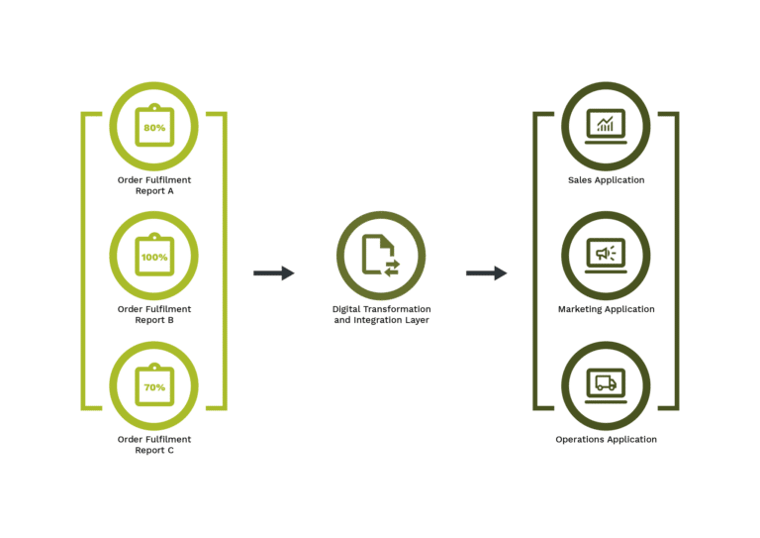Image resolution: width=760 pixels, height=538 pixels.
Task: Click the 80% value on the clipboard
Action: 154,128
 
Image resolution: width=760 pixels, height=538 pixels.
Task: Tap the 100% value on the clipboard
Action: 154,258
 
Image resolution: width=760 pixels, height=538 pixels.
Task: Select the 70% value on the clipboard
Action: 154,387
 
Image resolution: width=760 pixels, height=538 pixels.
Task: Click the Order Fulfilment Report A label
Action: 154,185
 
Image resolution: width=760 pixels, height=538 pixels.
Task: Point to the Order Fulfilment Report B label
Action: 154,314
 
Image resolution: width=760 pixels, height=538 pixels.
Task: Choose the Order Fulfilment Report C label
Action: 154,445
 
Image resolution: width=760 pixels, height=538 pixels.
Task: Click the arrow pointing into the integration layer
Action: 274,273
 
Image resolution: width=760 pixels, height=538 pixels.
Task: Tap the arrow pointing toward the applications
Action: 487,273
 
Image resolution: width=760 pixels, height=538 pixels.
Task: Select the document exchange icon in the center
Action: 381,256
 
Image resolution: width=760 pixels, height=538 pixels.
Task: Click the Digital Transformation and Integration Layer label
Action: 381,314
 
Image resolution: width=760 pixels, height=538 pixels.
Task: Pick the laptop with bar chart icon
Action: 606,126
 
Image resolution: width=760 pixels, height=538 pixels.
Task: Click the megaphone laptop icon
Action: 606,256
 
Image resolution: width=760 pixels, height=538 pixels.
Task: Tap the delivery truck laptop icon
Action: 606,385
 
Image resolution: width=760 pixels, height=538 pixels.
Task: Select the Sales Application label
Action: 607,180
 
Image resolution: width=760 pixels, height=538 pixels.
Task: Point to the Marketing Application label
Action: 607,309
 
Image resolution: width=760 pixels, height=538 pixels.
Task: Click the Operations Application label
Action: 607,439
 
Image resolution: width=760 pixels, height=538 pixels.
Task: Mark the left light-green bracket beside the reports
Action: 83,261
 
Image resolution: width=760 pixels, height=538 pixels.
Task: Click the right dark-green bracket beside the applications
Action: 677,261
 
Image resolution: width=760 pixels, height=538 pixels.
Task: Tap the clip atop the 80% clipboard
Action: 154,107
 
